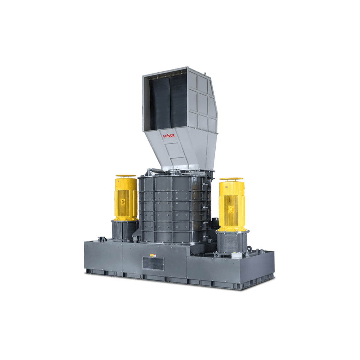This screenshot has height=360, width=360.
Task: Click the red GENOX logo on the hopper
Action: click(169, 135)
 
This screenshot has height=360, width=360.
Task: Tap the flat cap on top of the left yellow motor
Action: click(126, 176)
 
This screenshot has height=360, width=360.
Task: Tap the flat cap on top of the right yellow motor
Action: click(231, 179)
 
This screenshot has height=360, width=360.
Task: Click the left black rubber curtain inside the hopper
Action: click(160, 103)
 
